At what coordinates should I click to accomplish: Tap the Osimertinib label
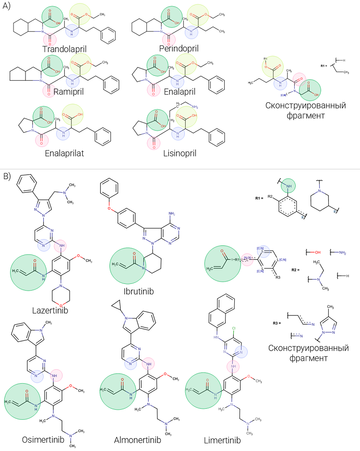pyautogui.click(x=41, y=439)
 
